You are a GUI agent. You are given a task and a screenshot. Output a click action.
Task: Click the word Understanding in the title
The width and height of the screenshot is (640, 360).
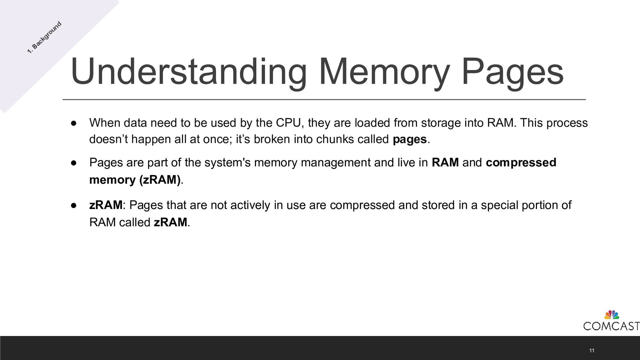pyautogui.click(x=188, y=72)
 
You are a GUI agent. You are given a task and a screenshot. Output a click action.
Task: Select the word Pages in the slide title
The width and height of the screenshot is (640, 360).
pyautogui.click(x=512, y=72)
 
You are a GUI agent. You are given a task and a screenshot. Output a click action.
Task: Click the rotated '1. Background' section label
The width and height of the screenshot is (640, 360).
pyautogui.click(x=44, y=37)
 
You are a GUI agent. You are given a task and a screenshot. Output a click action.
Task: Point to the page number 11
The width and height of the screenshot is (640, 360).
pyautogui.click(x=592, y=350)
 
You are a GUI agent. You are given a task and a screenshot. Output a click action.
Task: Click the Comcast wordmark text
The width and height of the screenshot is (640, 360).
pyautogui.click(x=611, y=326)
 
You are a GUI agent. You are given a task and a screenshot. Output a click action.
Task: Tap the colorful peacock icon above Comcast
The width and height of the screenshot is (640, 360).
pyautogui.click(x=612, y=315)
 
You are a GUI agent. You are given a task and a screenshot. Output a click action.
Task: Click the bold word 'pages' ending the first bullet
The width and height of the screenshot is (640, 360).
pyautogui.click(x=410, y=139)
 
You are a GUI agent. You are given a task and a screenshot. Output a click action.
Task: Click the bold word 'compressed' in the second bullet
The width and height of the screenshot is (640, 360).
pyautogui.click(x=521, y=163)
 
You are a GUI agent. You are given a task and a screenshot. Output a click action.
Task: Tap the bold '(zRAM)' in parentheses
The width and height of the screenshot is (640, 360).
pyautogui.click(x=160, y=180)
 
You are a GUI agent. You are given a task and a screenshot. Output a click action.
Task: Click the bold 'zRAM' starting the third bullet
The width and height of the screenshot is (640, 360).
pyautogui.click(x=106, y=205)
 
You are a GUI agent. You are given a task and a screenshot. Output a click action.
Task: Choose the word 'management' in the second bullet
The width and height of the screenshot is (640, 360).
pyautogui.click(x=335, y=163)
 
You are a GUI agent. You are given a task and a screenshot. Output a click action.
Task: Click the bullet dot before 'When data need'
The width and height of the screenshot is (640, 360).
pyautogui.click(x=74, y=123)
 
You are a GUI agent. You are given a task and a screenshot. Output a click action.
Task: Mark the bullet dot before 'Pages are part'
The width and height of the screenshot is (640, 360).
pyautogui.click(x=74, y=163)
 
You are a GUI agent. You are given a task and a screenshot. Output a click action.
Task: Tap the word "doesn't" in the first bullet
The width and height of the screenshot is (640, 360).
pyautogui.click(x=108, y=139)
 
